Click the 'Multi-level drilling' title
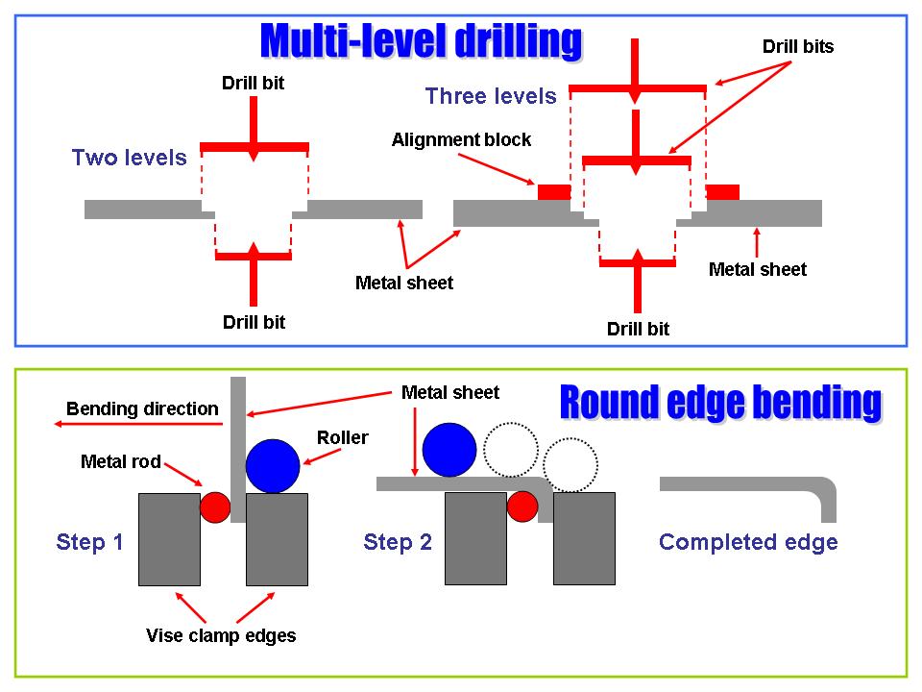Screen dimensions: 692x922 point(422,41)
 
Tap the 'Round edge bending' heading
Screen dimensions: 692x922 point(719,403)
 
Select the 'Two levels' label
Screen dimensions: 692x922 point(130,158)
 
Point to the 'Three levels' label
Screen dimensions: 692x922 point(491,96)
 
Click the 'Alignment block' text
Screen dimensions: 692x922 point(461,140)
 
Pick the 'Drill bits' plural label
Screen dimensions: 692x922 point(798,46)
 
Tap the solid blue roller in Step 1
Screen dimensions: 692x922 point(274,466)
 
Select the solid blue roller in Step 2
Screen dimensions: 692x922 point(449,450)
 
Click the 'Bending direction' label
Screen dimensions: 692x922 point(142,408)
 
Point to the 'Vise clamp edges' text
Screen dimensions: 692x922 point(221,635)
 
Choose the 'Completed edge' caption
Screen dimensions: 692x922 point(748,542)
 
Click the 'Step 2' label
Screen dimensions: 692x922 point(398,542)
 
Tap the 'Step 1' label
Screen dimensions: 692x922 point(90,542)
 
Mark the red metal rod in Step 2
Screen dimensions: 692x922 point(522,506)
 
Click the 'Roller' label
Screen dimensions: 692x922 point(343,438)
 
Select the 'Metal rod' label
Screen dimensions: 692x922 point(120,462)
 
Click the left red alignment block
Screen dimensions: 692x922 point(554,192)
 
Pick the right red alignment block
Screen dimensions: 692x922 point(723,192)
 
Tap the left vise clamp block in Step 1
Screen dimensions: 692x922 point(169,539)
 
